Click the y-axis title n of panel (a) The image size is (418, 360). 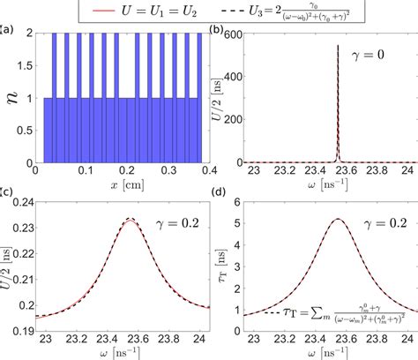(14, 99)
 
